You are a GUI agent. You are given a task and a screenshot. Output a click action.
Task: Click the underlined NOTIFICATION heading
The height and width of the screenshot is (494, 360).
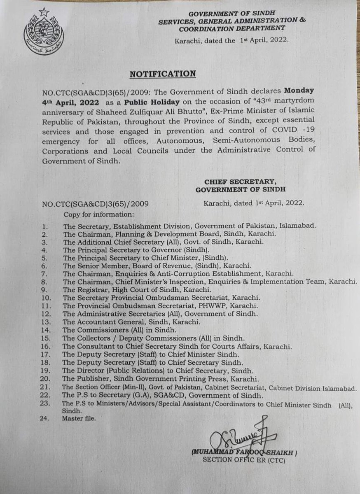pos(163,74)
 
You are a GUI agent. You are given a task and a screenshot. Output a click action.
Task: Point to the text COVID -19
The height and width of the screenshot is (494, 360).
pos(292,130)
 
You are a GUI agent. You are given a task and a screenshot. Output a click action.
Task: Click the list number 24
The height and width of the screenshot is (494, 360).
pos(46,419)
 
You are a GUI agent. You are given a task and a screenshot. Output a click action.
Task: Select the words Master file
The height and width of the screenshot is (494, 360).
pos(79,419)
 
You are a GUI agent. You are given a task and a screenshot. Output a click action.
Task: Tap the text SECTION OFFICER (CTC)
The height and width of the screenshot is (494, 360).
pos(243,460)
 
